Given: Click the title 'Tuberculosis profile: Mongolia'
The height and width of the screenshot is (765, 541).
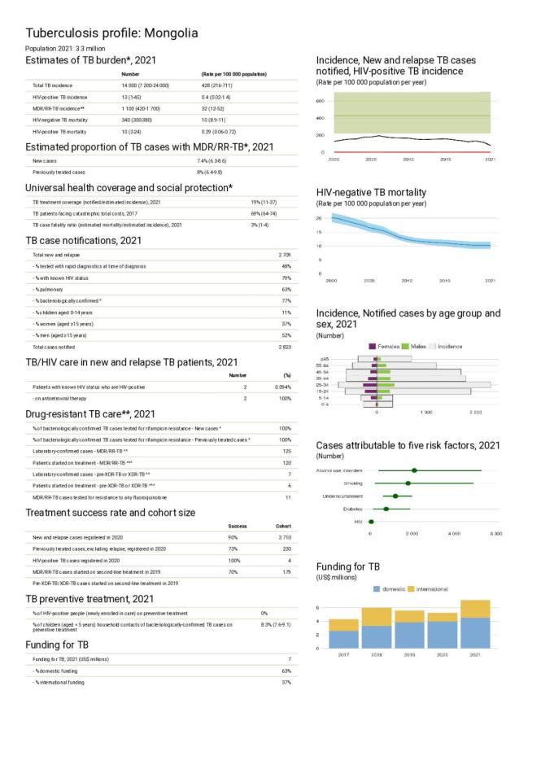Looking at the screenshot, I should coord(111,33).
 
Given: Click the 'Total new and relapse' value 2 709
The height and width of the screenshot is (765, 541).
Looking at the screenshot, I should coord(284,255).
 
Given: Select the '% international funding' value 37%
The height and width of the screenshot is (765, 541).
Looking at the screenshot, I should coord(286,681).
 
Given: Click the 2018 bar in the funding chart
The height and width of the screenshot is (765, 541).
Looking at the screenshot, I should coord(377,627).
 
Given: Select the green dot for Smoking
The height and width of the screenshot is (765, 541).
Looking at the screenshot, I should coord(408,483).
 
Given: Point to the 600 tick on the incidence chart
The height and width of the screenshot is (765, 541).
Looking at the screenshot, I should coord(321,101).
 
